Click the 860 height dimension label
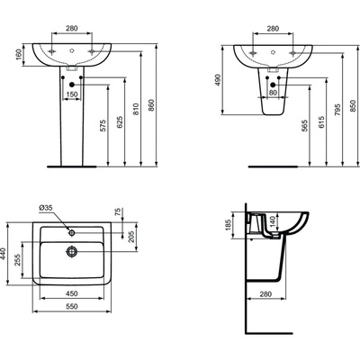[x=151, y=105]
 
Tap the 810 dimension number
[x=136, y=109]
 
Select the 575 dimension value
[x=103, y=126]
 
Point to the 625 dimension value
[x=120, y=122]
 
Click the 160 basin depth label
[x=18, y=54]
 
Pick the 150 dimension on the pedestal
[x=72, y=94]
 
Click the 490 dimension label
[x=218, y=80]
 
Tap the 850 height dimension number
[x=353, y=106]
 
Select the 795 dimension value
[x=337, y=110]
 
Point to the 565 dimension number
[x=304, y=126]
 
